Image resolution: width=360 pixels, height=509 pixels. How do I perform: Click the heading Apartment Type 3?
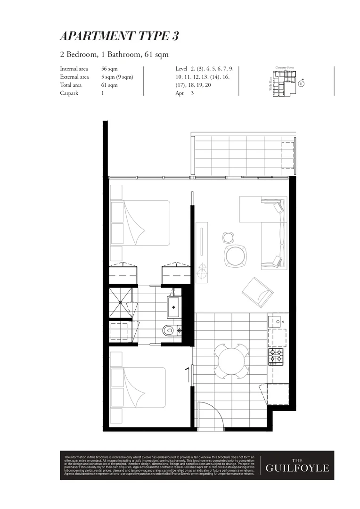[x=119, y=36]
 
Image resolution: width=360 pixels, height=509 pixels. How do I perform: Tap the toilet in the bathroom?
[x=170, y=331]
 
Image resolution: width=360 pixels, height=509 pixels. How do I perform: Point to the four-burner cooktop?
[x=275, y=356]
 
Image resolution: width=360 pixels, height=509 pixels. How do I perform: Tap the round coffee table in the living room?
[x=235, y=255]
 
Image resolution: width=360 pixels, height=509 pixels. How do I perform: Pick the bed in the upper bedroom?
[x=140, y=223]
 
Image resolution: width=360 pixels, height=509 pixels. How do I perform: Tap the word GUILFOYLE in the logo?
[x=297, y=468]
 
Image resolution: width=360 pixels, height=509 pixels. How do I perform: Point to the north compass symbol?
[x=301, y=84]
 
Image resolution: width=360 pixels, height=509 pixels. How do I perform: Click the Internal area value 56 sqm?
[x=109, y=69]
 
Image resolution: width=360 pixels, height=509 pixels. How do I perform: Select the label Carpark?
[x=69, y=93]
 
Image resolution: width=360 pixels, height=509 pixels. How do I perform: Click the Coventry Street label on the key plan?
[x=285, y=68]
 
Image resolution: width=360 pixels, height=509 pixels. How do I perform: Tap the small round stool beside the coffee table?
[x=228, y=237]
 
